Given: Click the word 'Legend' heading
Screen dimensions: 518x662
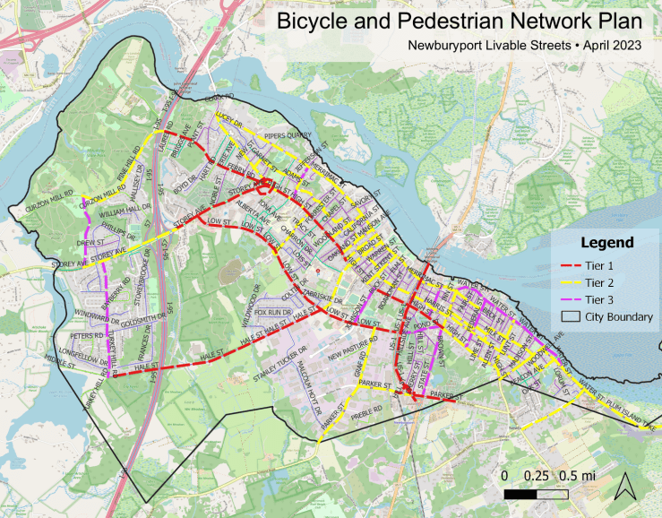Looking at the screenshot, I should click(x=606, y=242).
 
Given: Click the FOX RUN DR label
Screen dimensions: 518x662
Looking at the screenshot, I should click(x=274, y=313).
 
